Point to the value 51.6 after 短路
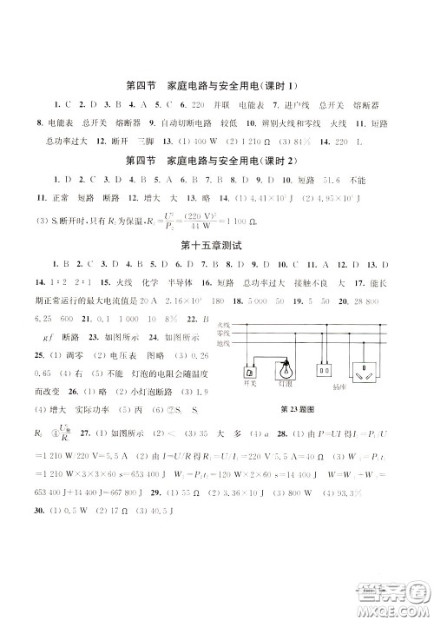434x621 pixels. (332, 179)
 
